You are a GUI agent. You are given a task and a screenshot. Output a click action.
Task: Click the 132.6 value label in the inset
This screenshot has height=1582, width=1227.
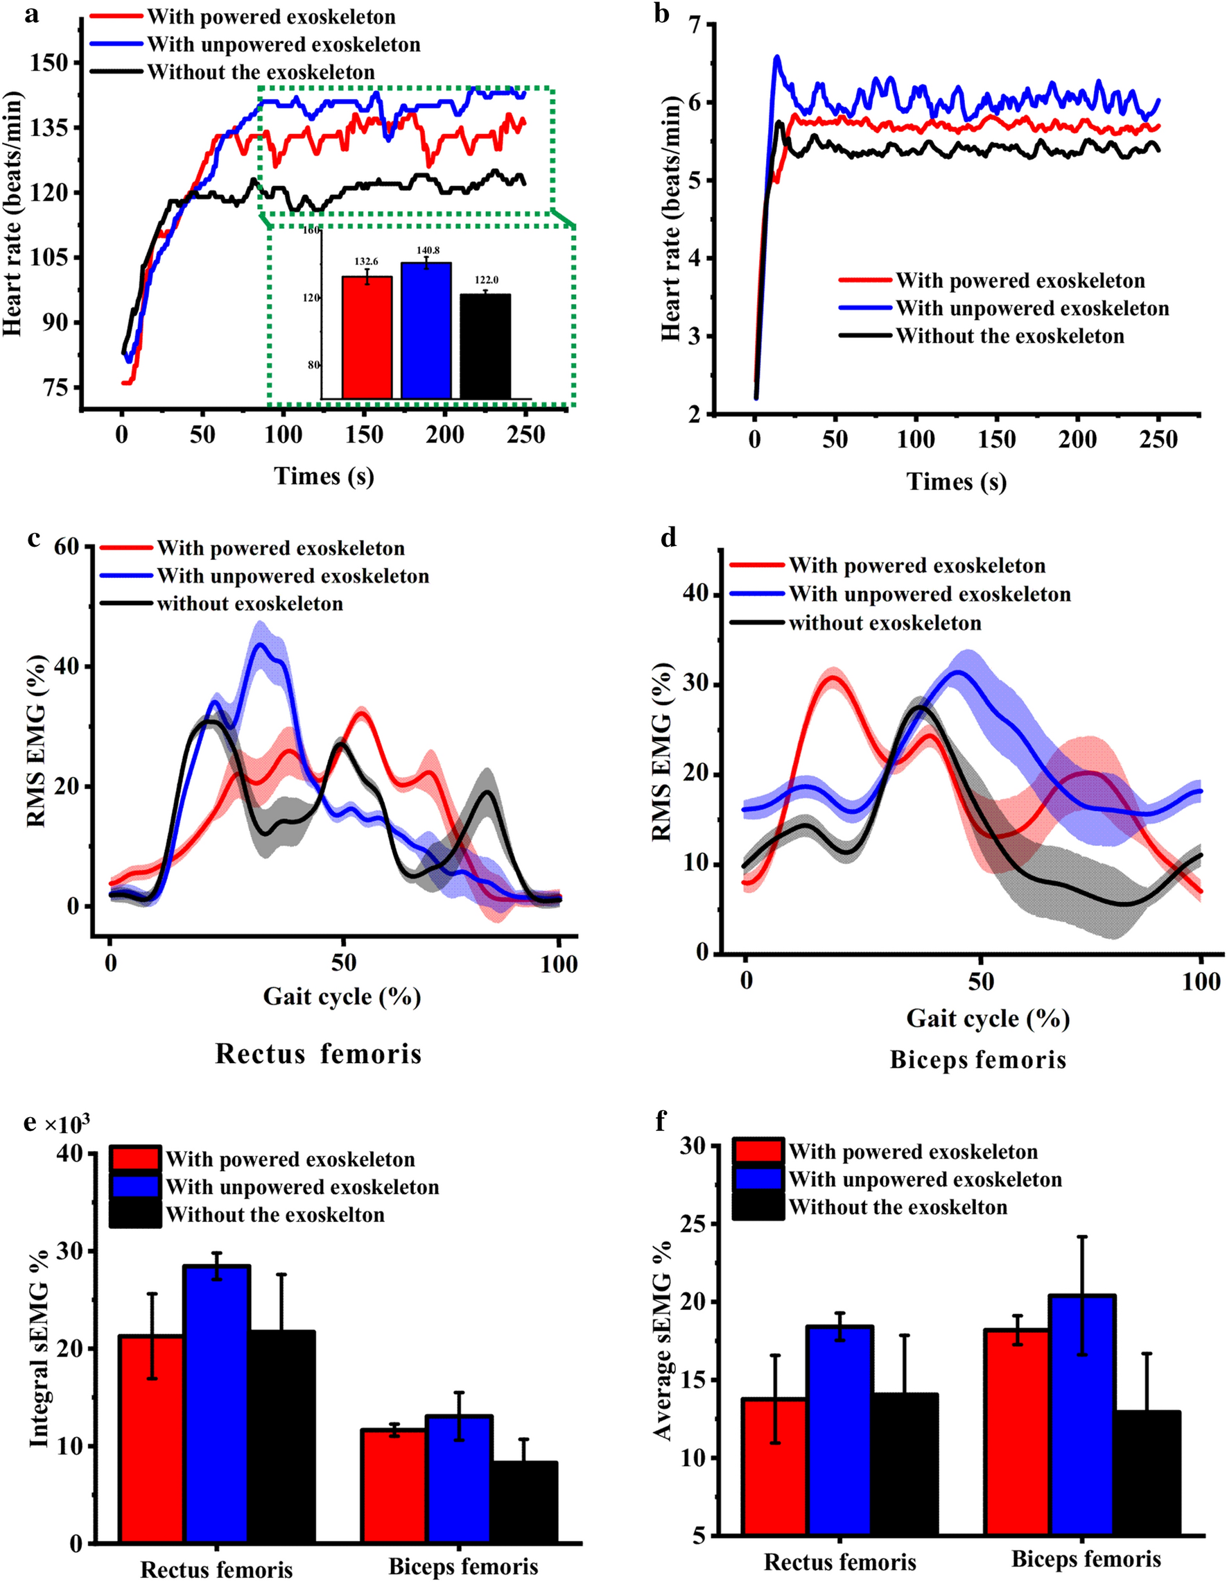(x=365, y=262)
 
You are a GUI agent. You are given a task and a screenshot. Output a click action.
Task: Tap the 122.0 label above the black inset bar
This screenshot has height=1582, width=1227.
(x=487, y=280)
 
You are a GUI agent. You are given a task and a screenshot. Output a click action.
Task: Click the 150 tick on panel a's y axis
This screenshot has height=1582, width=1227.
(x=49, y=63)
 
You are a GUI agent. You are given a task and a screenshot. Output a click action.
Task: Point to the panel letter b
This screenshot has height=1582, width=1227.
(x=661, y=13)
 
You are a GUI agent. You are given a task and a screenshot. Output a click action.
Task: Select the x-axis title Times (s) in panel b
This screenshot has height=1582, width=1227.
(x=956, y=482)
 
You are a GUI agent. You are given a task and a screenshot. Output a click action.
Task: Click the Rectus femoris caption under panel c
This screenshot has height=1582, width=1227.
(x=318, y=1054)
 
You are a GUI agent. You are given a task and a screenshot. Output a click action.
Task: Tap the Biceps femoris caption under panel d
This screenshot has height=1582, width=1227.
(x=978, y=1060)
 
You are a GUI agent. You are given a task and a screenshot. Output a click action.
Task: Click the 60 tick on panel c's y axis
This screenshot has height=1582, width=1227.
(x=67, y=546)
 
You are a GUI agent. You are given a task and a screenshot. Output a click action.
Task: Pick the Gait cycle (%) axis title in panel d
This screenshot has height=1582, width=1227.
(x=987, y=1019)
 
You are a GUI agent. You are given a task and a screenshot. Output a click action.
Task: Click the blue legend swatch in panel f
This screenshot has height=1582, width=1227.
(x=758, y=1180)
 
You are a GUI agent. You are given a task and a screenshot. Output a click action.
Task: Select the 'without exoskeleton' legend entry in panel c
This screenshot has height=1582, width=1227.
(x=250, y=604)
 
